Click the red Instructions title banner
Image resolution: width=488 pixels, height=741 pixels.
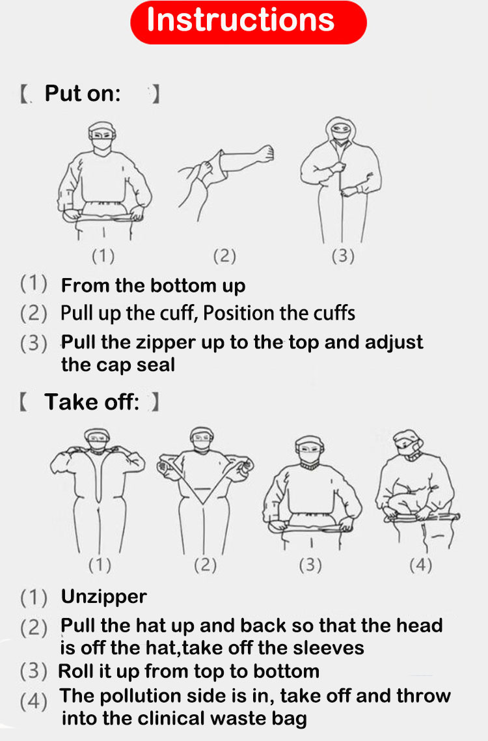249,22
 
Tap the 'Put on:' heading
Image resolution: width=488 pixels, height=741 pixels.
83,94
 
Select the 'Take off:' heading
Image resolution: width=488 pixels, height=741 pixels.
92,402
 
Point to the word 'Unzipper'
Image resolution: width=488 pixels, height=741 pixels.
104,597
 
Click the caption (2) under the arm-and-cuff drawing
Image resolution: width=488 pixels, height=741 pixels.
224,256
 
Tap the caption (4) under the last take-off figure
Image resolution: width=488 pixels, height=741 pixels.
420,565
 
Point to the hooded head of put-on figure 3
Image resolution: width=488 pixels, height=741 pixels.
340,129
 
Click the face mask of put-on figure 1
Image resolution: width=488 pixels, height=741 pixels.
102,145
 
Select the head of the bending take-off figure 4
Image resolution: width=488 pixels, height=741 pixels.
407,443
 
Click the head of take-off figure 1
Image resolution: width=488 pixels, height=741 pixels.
98,440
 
